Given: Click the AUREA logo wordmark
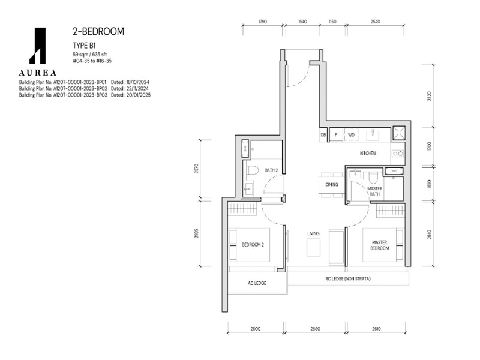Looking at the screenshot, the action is (x=38, y=73).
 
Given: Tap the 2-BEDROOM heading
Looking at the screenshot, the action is (x=98, y=31).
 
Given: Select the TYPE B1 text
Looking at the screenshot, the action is (x=84, y=46).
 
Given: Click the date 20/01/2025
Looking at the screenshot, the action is (x=138, y=95).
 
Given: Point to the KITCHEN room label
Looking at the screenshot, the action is (x=368, y=153).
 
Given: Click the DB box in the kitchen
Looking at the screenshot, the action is (x=323, y=134).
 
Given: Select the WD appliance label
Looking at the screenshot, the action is (x=351, y=134).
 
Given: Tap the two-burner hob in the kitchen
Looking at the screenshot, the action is (x=398, y=154).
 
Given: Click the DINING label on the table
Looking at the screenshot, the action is (x=332, y=185).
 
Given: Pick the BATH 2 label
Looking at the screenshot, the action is (x=271, y=170).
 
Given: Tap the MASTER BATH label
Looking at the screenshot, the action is (x=374, y=191).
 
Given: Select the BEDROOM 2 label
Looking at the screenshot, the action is (x=253, y=245).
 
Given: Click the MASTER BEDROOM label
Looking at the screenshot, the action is (x=380, y=245).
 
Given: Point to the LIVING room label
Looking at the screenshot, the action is (x=313, y=233).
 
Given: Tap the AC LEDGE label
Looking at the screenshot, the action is (x=257, y=283).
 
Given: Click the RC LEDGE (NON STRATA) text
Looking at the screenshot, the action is (x=348, y=278).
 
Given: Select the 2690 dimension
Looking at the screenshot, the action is (x=316, y=328).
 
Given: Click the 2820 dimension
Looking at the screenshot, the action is (x=429, y=96).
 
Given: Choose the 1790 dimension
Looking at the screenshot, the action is (x=263, y=22).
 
